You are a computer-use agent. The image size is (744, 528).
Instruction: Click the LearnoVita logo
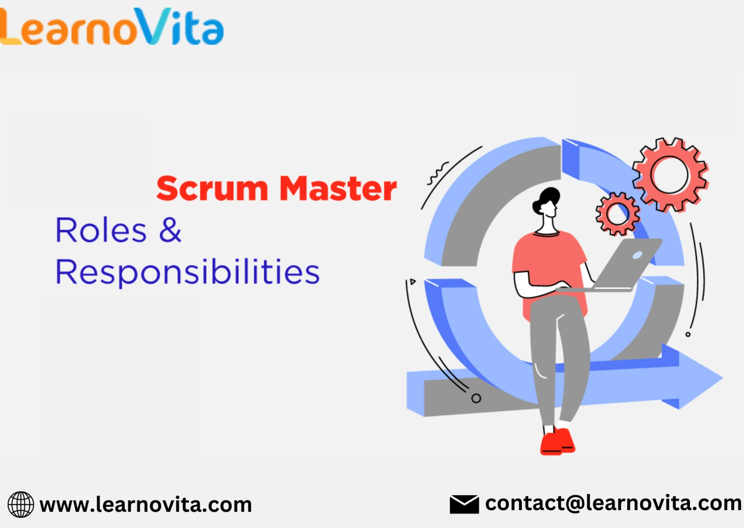[112, 26]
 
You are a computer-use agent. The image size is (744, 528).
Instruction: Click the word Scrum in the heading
[212, 189]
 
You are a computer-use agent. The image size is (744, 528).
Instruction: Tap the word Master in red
[338, 188]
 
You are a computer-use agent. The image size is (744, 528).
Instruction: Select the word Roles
[101, 230]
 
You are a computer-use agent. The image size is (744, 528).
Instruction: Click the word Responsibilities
[188, 273]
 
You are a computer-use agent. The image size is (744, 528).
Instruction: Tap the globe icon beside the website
[21, 504]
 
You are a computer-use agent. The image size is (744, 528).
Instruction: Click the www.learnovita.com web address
[146, 505]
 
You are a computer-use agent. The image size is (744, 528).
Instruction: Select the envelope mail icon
[464, 504]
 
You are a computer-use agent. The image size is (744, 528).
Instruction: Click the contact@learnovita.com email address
[613, 503]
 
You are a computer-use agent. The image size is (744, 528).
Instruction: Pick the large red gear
[670, 175]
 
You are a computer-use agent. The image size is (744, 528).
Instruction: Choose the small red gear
[618, 214]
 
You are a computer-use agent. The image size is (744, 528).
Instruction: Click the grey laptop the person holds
[616, 265]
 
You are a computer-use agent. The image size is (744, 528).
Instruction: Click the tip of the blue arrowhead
[723, 377]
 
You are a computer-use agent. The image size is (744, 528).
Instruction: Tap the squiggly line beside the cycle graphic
[438, 173]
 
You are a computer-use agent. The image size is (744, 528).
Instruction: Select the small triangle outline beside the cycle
[413, 281]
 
